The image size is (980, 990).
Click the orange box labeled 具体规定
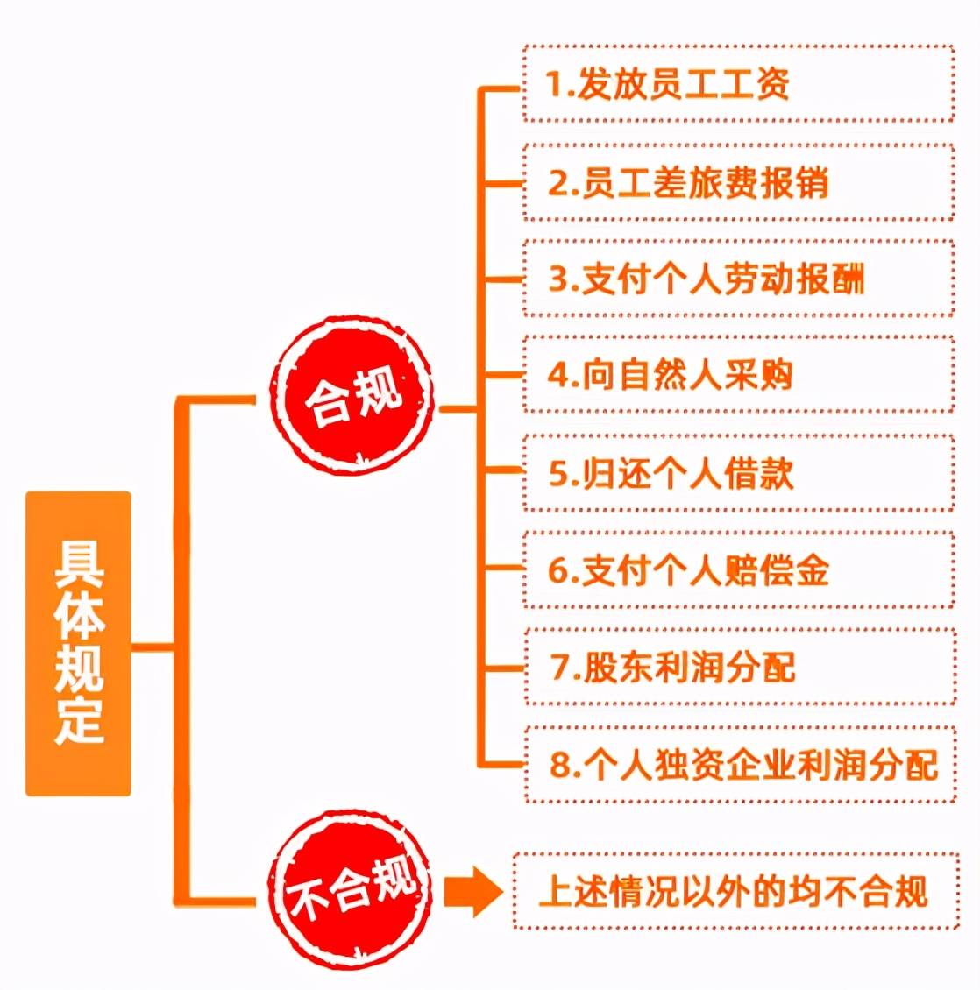click(78, 643)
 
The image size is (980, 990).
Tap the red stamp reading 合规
click(352, 395)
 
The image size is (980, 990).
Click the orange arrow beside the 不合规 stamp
click(473, 892)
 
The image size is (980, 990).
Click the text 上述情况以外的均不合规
click(733, 891)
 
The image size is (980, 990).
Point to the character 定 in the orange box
click(79, 720)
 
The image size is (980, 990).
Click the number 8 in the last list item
click(560, 765)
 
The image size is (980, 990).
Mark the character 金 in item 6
click(812, 570)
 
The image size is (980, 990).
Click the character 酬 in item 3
click(847, 279)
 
